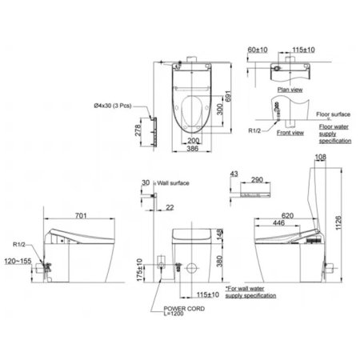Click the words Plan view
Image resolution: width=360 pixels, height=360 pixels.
click(x=288, y=90)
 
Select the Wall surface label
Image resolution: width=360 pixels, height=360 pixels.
click(x=174, y=183)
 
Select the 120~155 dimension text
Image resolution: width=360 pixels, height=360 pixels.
click(x=16, y=261)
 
